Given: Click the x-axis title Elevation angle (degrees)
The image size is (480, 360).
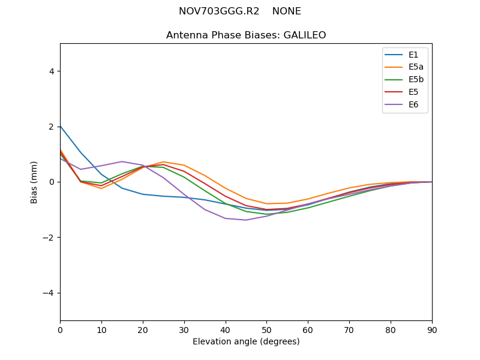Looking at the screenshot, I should coord(246,341).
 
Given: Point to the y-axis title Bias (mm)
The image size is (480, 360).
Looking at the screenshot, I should coord(34,182).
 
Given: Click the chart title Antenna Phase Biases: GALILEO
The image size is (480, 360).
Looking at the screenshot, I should coord(246,35).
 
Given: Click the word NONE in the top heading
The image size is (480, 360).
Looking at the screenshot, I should coord(286,11).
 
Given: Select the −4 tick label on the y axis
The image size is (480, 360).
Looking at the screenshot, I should coord(49,293).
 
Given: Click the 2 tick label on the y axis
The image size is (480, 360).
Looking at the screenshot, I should coord(52,127).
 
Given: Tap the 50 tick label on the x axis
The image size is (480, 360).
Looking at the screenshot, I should coord(266,329).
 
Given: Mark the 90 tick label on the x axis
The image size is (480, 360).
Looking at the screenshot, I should coord(432,329).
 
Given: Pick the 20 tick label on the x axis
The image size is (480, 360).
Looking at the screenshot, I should coord(143,329).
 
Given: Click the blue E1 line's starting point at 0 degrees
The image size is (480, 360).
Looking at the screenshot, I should coord(61,126).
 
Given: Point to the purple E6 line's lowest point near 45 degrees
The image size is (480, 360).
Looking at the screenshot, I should coord(246,220).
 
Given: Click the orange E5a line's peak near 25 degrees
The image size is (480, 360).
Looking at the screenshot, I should coord(163,161).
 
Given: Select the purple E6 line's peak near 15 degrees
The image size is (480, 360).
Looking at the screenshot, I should coord(122,161).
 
